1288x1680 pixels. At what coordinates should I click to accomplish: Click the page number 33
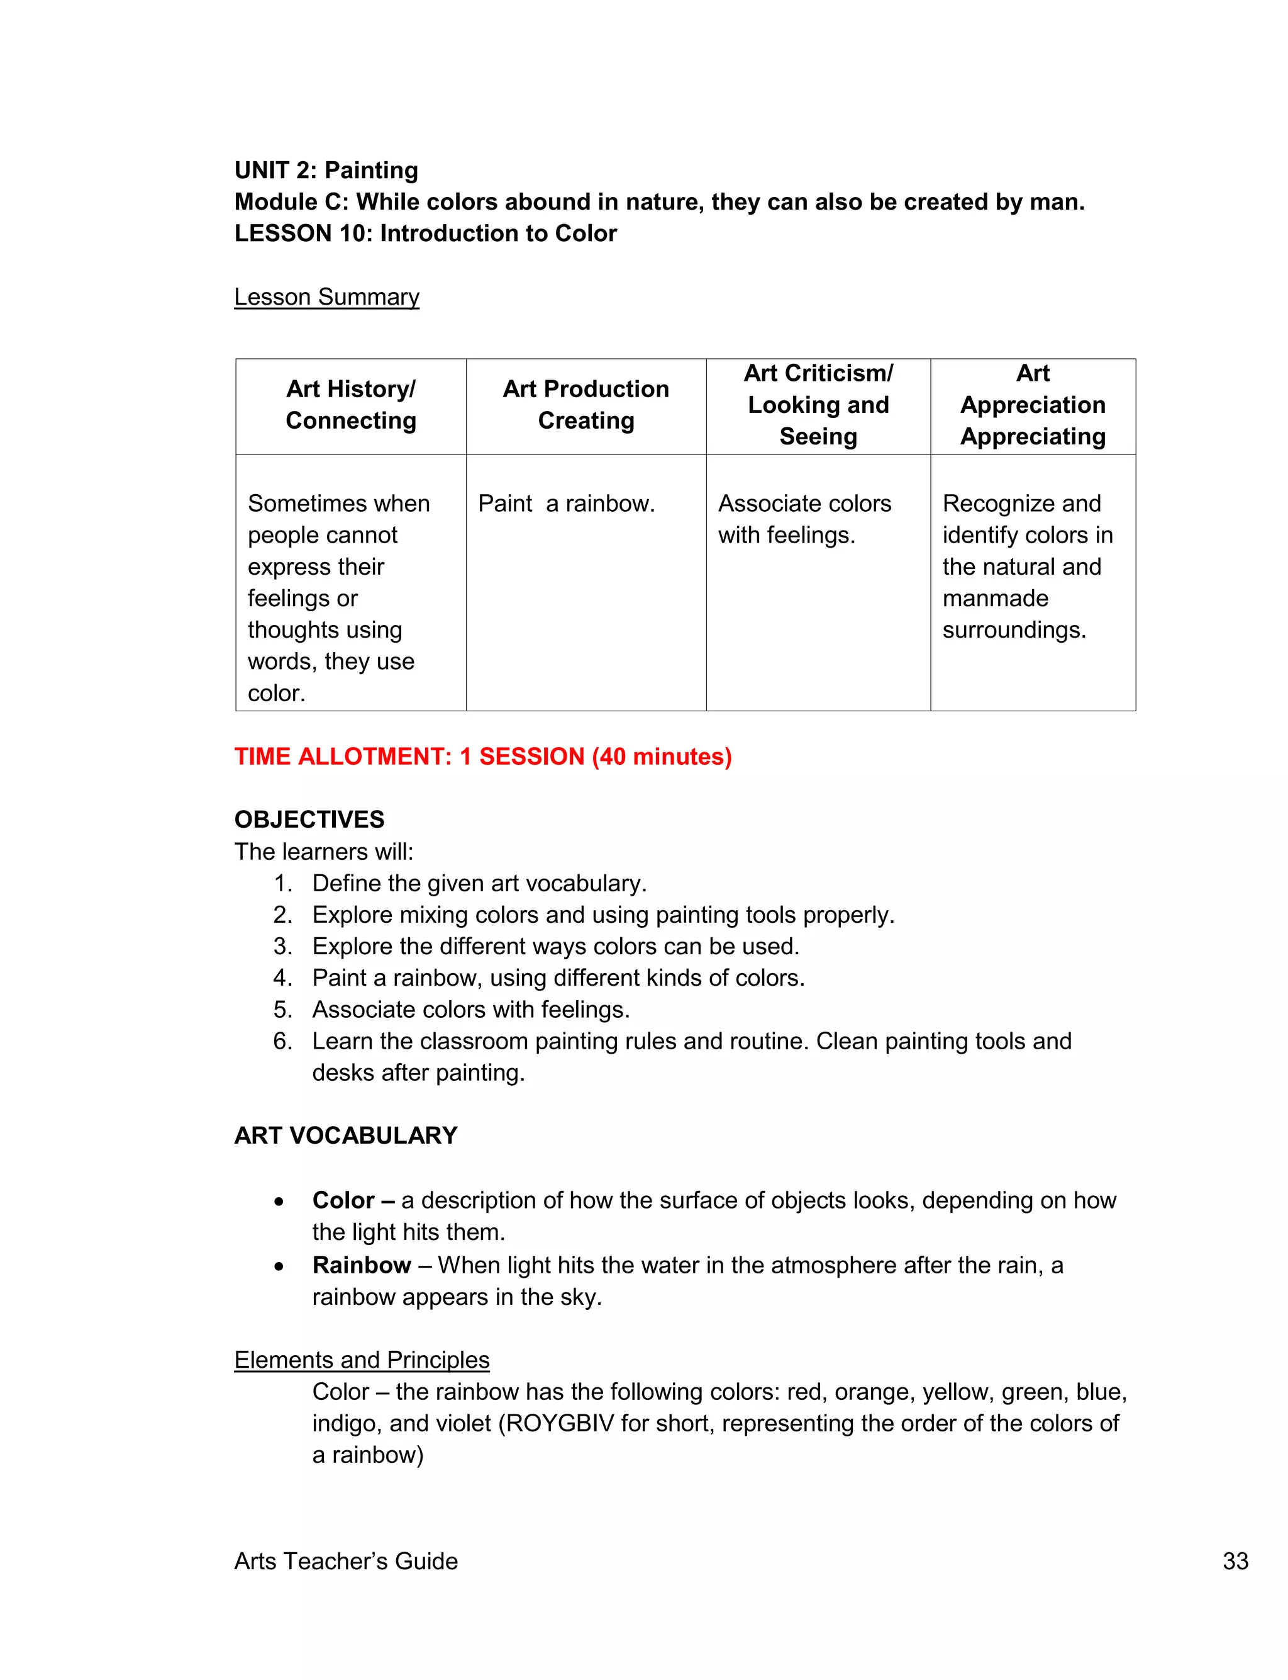click(x=1235, y=1561)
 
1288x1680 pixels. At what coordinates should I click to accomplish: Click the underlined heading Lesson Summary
click(x=326, y=297)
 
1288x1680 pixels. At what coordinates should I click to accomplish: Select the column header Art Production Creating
click(x=586, y=405)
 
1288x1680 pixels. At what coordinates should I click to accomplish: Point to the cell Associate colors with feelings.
click(x=804, y=519)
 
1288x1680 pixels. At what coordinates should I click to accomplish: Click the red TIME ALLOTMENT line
click(x=483, y=757)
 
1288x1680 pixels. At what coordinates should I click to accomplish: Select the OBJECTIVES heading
click(x=309, y=820)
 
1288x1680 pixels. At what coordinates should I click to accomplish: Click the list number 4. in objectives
click(x=282, y=978)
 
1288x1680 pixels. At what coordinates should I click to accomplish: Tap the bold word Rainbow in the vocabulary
click(x=361, y=1265)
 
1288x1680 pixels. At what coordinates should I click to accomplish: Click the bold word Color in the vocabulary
click(x=343, y=1200)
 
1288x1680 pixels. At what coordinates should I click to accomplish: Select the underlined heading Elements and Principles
click(x=361, y=1360)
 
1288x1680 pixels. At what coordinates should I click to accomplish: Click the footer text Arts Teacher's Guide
click(x=346, y=1561)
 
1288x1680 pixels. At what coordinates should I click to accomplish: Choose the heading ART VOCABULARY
click(x=346, y=1136)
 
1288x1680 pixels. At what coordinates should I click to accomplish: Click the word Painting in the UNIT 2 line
click(x=371, y=171)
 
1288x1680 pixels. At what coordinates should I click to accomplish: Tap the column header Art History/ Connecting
click(x=351, y=405)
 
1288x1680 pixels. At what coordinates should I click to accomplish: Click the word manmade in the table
click(x=995, y=599)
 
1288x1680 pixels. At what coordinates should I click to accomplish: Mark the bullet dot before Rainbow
click(x=279, y=1266)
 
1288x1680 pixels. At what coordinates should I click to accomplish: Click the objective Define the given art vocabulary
click(x=479, y=884)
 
